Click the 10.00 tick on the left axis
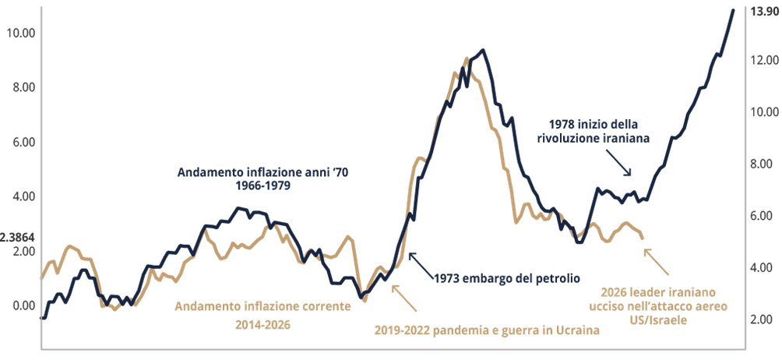[x=19, y=33]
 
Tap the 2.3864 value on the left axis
[x=16, y=237]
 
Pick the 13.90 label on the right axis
[x=762, y=11]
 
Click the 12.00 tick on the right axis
[x=762, y=60]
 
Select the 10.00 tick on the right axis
[x=762, y=111]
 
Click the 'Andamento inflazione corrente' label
[x=263, y=306]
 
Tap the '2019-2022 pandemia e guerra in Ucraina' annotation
[x=487, y=330]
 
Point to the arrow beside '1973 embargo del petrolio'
[x=416, y=260]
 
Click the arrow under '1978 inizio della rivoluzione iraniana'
[x=622, y=166]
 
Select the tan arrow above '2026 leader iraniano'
[x=658, y=263]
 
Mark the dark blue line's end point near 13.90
[x=733, y=9]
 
